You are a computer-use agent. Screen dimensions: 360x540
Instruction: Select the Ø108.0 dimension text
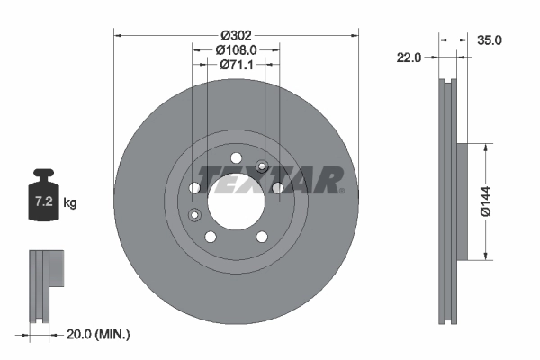[x=238, y=50]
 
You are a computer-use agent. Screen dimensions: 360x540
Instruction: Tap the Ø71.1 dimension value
[x=238, y=65]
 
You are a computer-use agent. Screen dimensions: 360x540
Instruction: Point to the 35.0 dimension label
[x=490, y=40]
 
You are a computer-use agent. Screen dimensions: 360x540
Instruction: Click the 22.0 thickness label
[x=409, y=58]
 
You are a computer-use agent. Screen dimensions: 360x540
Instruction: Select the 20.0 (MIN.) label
[x=98, y=334]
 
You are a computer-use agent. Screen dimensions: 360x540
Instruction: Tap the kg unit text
[x=70, y=203]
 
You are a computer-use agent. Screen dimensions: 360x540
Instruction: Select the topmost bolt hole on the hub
[x=236, y=158]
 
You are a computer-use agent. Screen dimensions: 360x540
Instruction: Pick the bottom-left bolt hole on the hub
[x=211, y=237]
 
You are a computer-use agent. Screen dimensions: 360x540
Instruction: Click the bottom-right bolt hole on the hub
[x=262, y=237]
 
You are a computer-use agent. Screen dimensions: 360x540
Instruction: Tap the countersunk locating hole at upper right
[x=262, y=166]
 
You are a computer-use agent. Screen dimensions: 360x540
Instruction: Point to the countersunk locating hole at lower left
[x=194, y=214]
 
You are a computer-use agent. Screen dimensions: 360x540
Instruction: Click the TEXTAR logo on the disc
[x=270, y=179]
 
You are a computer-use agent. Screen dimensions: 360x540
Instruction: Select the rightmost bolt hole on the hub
[x=278, y=187]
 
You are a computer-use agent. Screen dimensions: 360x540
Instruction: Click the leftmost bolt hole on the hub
[x=194, y=187]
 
